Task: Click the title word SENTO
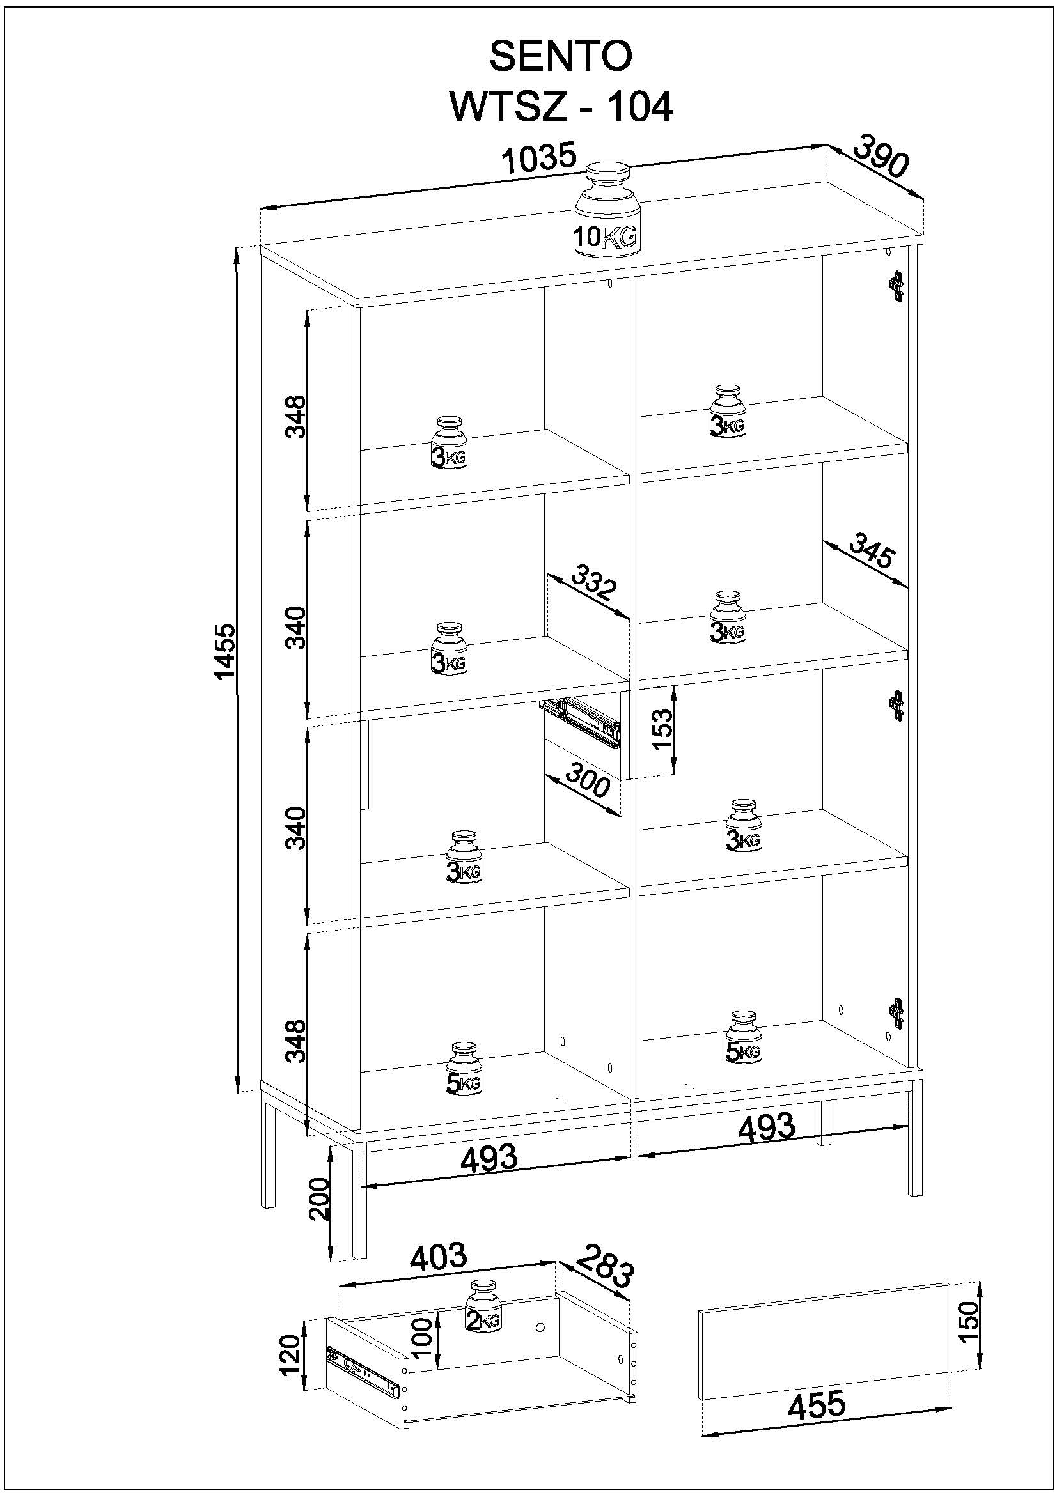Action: pos(560,58)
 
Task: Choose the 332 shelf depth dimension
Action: pos(593,582)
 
